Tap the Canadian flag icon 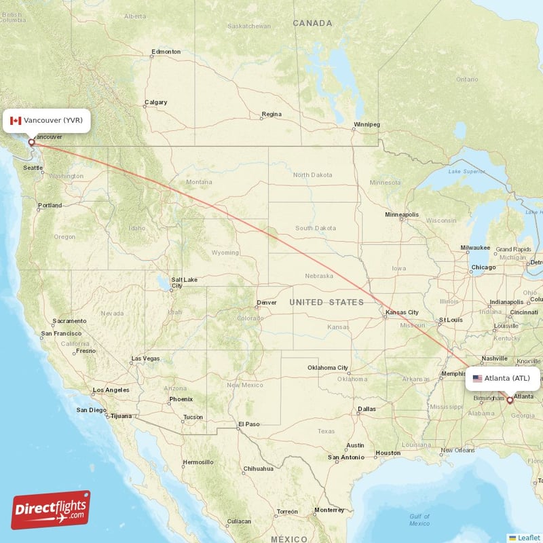[16, 121]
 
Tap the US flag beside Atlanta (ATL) [477, 378]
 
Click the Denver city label [266, 303]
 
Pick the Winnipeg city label [367, 125]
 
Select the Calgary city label [155, 103]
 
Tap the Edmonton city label [166, 52]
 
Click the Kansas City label [402, 313]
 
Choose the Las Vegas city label [145, 358]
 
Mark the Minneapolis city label [402, 214]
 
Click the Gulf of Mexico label [419, 520]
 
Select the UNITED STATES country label [326, 302]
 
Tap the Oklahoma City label [327, 368]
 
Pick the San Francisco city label [61, 333]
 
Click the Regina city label [271, 114]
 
